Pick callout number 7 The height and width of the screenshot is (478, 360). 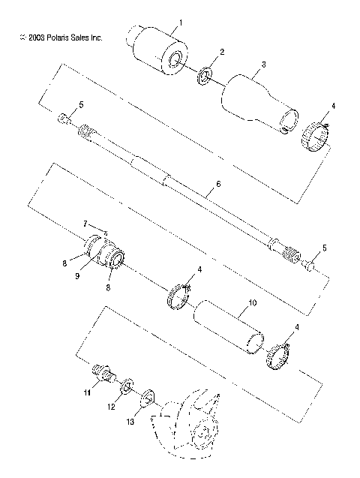[85, 223]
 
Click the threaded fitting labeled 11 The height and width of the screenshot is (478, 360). [101, 372]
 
